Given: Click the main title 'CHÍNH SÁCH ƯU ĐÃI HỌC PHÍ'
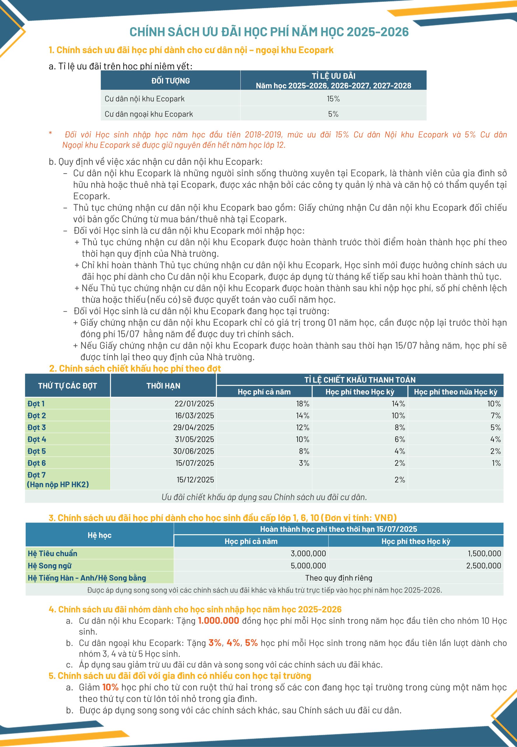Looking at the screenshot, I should tap(269, 32).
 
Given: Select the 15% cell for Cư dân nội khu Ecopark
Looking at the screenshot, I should tap(333, 99).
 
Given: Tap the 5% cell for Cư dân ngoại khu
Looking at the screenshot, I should tap(333, 114).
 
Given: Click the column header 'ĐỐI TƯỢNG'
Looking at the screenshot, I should tap(170, 81).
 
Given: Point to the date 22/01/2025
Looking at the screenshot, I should tap(194, 404).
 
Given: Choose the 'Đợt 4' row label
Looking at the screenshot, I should tap(36, 439).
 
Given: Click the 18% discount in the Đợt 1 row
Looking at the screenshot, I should tap(303, 404).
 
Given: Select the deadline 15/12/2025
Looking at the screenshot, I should tap(195, 479).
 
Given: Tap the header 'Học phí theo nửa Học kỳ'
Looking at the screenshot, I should tap(455, 392).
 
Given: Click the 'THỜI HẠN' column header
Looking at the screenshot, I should tap(163, 386).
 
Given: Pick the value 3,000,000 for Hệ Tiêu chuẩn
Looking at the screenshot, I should tap(308, 553).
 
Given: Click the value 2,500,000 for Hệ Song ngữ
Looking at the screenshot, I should tap(483, 566).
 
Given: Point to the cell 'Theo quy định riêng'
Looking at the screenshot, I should tap(338, 578).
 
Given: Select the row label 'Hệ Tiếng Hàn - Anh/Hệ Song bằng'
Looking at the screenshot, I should tap(87, 578).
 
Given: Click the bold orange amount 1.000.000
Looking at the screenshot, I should tap(218, 621).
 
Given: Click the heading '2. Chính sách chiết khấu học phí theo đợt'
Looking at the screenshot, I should tap(135, 368).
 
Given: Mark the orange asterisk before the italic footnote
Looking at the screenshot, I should tap(50, 133).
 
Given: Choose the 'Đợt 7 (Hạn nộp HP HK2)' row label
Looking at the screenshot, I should tap(58, 479).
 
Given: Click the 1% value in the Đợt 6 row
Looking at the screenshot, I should tap(496, 463).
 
